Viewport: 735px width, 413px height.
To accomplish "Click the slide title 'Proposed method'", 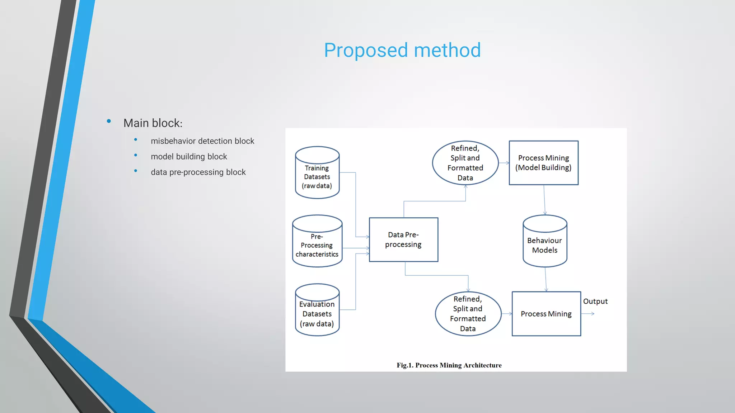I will coord(402,50).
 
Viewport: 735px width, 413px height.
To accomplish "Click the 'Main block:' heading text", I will coord(153,123).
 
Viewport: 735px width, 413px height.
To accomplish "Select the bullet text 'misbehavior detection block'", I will coord(202,141).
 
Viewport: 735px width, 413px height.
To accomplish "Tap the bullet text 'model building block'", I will coord(189,157).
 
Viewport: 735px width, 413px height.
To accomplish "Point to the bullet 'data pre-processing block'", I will coord(198,172).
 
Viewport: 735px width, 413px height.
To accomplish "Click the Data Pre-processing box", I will coord(403,239).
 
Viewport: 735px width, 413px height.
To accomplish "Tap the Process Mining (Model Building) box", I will coord(543,163).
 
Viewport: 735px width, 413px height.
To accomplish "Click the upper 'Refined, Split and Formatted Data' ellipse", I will coord(465,163).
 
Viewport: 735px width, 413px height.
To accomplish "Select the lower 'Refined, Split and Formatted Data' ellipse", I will coord(468,314).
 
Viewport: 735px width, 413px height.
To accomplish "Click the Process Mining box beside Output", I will coord(546,314).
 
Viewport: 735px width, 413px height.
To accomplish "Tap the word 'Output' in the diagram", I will coord(595,302).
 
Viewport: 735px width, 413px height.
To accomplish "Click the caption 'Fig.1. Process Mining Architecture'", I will coord(449,365).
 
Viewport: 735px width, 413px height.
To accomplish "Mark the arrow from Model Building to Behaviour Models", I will coord(544,200).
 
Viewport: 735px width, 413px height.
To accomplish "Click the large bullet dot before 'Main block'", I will coord(109,122).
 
